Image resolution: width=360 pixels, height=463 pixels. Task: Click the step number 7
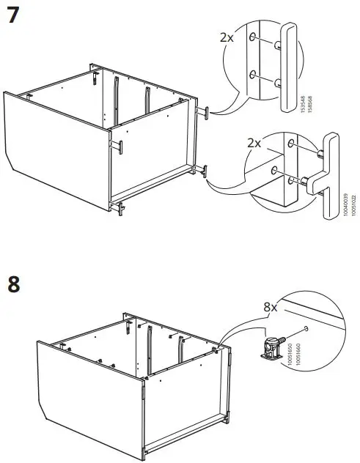(13, 15)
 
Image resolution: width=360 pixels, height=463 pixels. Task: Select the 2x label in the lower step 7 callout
(254, 142)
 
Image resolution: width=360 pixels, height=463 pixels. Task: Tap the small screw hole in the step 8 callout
(302, 330)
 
